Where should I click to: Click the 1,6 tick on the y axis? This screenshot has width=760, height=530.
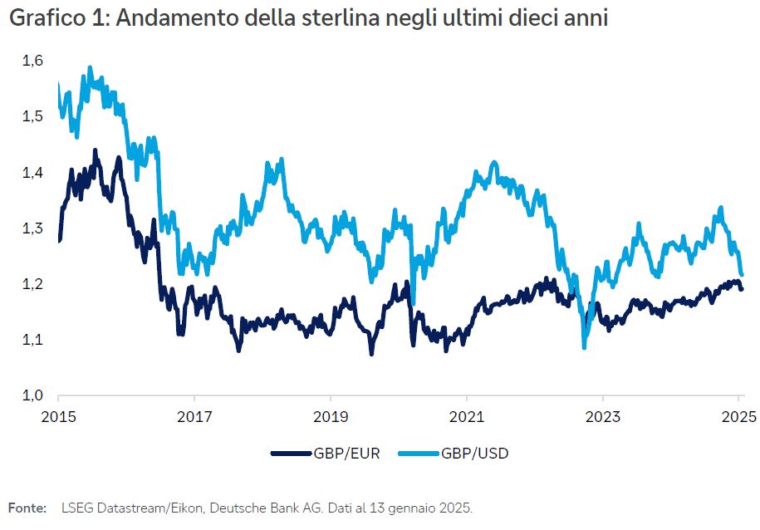[32, 61]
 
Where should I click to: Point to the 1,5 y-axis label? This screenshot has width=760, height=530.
[32, 116]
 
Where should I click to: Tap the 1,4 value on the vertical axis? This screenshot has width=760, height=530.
[32, 173]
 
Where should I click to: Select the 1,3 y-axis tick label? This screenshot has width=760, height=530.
[32, 228]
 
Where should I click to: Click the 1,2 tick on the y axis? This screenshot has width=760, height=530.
[32, 284]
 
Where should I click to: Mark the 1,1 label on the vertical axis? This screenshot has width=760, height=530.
[32, 340]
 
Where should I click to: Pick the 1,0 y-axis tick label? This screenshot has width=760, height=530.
[32, 395]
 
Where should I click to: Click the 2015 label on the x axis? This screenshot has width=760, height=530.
[59, 415]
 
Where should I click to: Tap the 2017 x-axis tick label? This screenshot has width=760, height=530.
[194, 415]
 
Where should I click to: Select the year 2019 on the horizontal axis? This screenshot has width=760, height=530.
[331, 415]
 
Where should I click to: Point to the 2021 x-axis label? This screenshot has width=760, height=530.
[467, 415]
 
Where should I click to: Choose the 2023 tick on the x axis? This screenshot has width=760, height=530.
[602, 415]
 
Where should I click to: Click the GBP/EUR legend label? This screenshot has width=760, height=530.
[346, 454]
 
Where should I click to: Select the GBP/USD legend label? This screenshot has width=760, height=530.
[475, 454]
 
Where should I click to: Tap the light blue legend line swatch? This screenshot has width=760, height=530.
[419, 454]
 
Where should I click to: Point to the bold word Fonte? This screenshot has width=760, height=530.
[27, 507]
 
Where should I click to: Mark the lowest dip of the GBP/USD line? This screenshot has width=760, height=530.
[584, 346]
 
